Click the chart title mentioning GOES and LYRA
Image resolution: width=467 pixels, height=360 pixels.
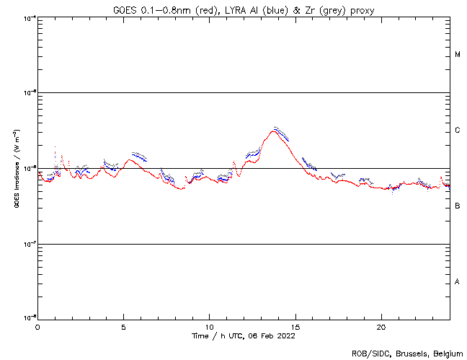click(243, 9)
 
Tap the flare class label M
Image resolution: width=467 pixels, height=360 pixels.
click(458, 55)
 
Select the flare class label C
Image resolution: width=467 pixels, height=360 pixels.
click(458, 131)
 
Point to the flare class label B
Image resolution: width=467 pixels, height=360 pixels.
click(458, 206)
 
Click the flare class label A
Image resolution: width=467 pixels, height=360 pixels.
click(458, 282)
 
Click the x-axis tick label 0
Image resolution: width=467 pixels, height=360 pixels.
click(37, 327)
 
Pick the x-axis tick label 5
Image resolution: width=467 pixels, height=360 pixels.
click(123, 327)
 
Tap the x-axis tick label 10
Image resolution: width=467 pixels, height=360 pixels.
click(209, 327)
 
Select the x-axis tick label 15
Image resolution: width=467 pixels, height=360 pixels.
click(295, 327)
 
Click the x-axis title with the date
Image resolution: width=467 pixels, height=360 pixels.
click(243, 335)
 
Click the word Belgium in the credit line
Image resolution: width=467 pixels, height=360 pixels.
click(448, 354)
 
